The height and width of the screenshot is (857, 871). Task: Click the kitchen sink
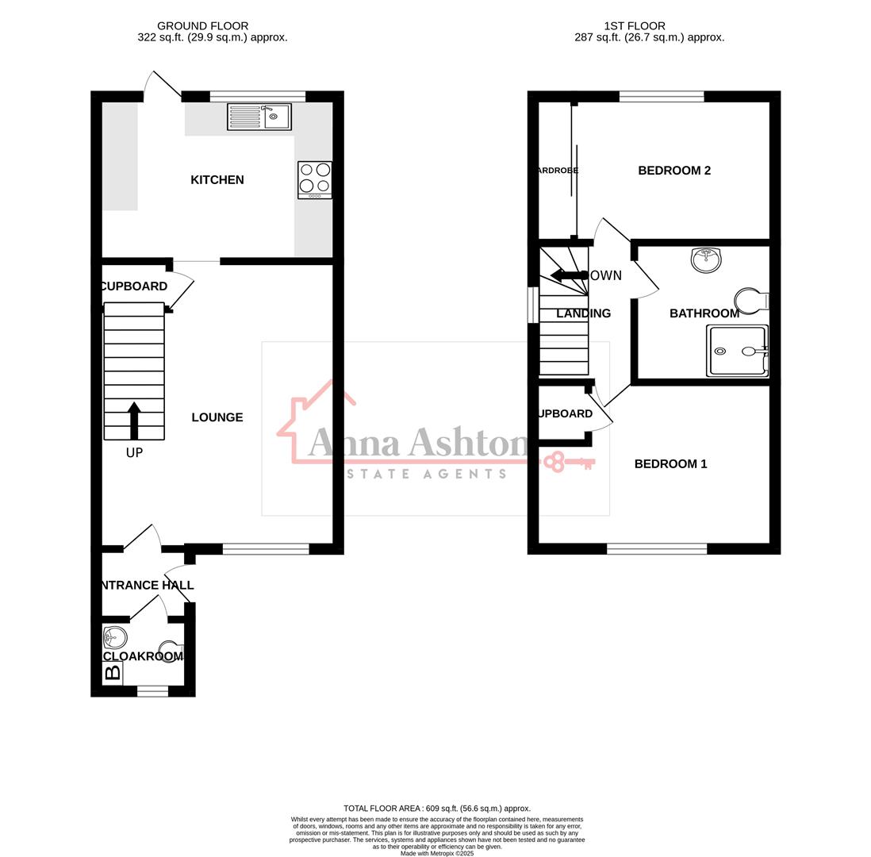pos(259,117)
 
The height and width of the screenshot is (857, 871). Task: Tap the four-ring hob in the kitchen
pos(315,179)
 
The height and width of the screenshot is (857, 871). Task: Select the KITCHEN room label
pos(217,180)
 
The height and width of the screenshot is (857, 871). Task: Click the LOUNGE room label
pos(217,417)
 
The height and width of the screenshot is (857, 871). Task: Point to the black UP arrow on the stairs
pos(134,420)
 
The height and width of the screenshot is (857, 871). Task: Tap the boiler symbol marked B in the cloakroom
pos(113,673)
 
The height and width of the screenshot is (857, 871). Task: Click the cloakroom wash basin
pos(115,637)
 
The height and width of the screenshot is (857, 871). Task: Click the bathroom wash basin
pos(706,259)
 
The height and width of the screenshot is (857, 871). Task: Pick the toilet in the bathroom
pos(751,301)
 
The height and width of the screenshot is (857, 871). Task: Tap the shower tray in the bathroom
pos(738,351)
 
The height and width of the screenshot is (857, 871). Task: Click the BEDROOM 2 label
pos(674,171)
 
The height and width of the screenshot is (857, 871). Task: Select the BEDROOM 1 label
pos(670,464)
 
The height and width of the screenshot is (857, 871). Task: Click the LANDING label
pos(583,313)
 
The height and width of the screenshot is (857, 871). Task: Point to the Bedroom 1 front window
pos(657,548)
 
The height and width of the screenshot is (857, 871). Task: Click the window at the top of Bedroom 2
pos(662,97)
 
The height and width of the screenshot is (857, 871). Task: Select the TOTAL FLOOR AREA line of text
pos(437,809)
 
